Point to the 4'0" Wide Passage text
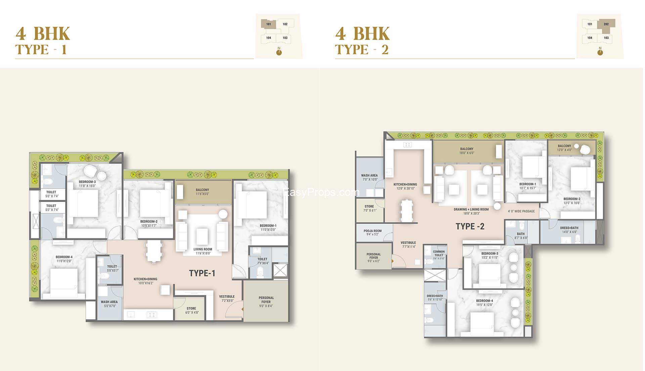pos(521,211)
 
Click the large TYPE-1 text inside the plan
pos(202,273)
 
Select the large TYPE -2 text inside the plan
pos(470,226)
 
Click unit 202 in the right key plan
pos(606,24)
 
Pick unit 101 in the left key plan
pos(269,24)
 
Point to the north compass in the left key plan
pos(279,52)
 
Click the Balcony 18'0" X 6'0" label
pos(467,151)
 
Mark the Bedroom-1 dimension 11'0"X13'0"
pos(268,230)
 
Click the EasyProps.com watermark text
pos(321,193)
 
